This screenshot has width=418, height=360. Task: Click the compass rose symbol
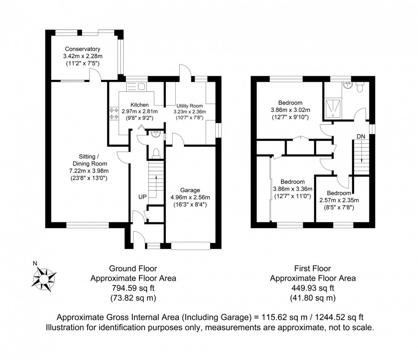point(44,276)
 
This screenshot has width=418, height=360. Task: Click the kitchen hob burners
point(113,113)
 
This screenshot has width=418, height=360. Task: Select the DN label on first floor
point(361,136)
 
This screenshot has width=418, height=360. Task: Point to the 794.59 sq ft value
point(133,288)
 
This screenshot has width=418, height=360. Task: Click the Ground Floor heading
point(133,268)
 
